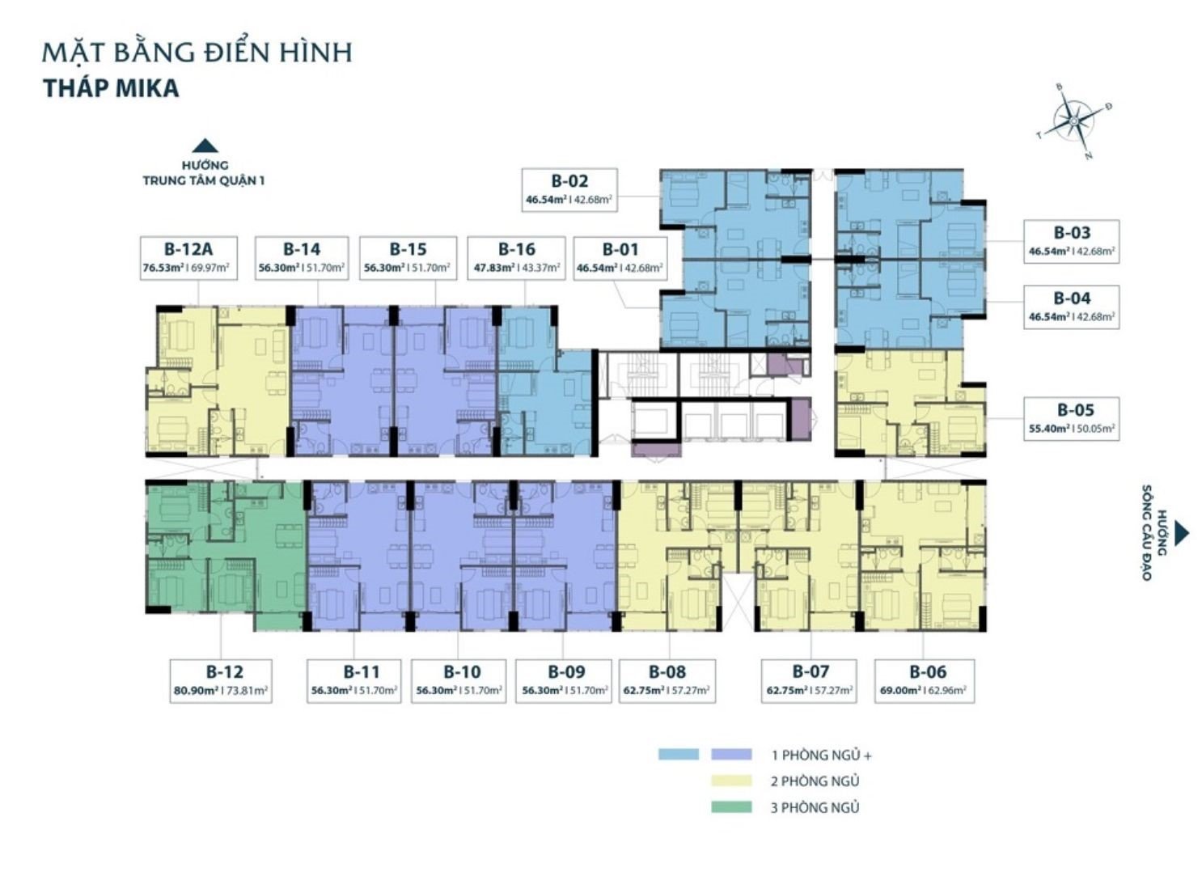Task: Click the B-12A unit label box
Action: pos(189,258)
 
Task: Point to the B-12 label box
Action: pos(221,681)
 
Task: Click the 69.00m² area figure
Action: pos(901,691)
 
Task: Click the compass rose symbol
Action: pos(1073,122)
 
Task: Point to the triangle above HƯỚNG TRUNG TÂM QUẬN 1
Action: pos(205,146)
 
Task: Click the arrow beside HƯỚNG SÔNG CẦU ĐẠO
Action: pos(1182,533)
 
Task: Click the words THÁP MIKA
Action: pos(111,88)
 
